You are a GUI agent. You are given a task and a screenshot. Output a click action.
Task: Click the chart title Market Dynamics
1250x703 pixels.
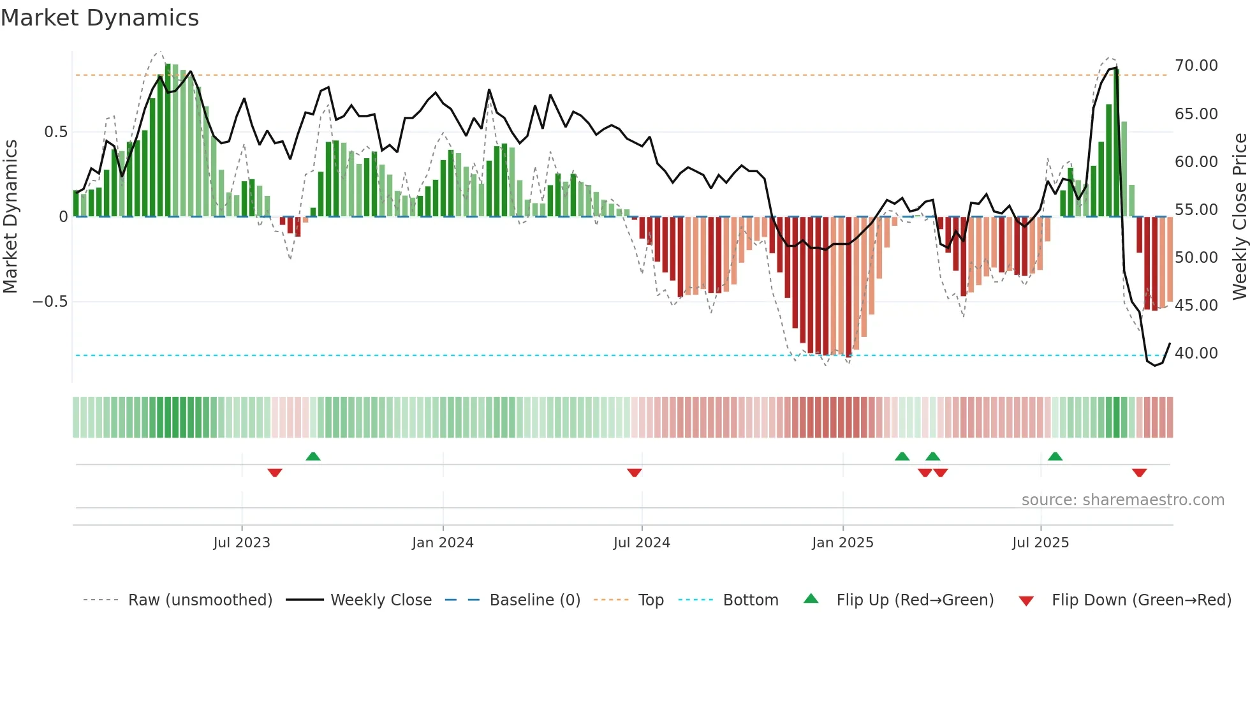[99, 18]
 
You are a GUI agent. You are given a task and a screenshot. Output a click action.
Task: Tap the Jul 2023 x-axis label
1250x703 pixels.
[242, 543]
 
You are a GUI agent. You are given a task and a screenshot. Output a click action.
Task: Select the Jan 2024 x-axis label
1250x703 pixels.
[443, 543]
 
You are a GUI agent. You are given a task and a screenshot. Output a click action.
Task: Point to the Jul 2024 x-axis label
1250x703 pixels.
[642, 543]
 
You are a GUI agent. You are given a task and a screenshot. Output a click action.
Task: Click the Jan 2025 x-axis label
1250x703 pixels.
[842, 543]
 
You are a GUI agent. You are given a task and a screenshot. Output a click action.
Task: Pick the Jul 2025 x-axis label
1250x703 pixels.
[1040, 543]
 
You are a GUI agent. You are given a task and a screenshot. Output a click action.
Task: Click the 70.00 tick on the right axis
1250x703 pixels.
[1196, 66]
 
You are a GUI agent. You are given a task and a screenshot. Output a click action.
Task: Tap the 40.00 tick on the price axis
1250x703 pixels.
[1196, 353]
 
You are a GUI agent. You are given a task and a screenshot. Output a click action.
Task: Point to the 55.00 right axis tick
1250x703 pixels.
[1196, 210]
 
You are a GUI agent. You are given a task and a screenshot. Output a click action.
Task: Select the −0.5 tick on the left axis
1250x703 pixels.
[50, 302]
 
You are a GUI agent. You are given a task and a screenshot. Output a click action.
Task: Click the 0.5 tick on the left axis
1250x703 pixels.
[55, 132]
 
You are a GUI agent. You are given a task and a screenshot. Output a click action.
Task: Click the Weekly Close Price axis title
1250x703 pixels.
[1239, 216]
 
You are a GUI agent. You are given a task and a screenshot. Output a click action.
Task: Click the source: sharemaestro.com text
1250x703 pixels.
[1122, 500]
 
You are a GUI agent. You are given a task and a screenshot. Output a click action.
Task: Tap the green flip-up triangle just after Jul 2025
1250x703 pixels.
[1055, 457]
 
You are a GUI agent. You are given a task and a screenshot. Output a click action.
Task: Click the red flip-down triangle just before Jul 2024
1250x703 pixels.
[634, 473]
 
